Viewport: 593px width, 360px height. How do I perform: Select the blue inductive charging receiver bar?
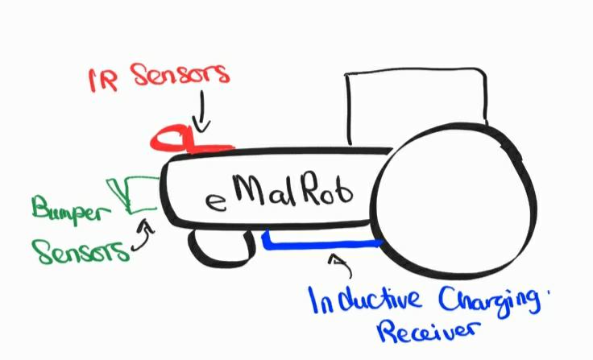[x=322, y=240]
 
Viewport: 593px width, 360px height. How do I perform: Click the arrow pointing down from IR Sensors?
[x=201, y=113]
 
